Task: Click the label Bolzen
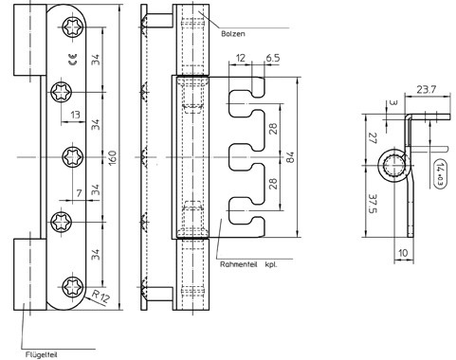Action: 233,34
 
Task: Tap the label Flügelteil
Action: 41,355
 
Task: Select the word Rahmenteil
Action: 239,264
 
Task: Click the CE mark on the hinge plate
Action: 73,60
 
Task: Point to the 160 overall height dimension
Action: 113,157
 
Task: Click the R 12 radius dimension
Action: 101,297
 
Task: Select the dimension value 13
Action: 75,115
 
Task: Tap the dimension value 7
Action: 79,193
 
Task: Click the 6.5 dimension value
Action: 273,58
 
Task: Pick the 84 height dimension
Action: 291,157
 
